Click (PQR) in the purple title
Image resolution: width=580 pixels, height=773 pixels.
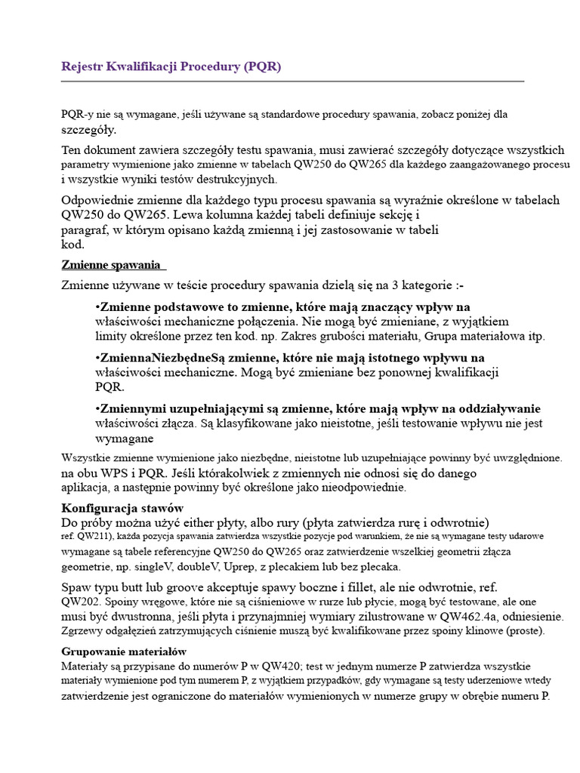[261, 66]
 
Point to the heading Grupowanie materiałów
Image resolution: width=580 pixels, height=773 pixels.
[124, 651]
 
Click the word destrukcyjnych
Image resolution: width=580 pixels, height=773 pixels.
[236, 179]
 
